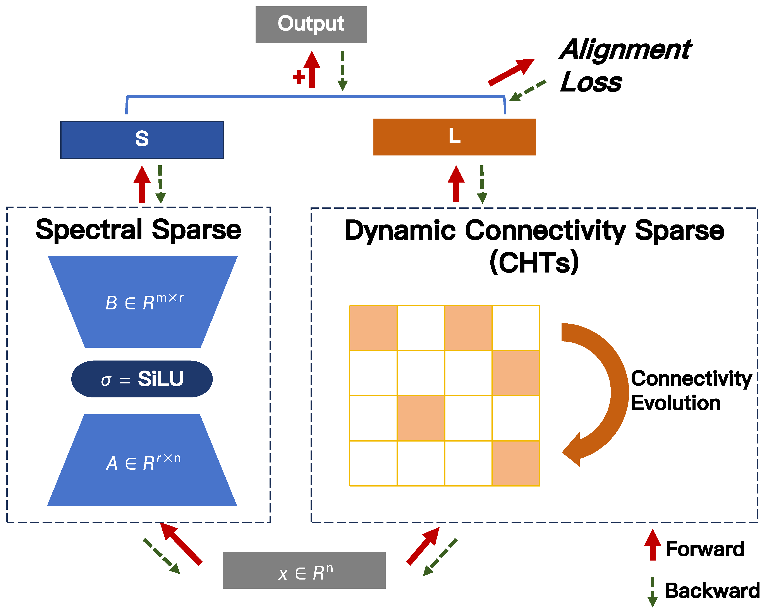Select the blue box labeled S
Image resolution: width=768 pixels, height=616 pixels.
tap(142, 140)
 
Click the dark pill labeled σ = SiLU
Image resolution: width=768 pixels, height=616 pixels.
tap(142, 379)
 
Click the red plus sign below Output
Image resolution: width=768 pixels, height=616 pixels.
tap(299, 77)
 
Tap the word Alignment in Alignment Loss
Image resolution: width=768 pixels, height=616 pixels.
tap(625, 50)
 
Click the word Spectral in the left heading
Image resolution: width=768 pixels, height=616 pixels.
tap(89, 230)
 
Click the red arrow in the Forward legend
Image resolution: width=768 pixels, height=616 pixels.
tap(652, 544)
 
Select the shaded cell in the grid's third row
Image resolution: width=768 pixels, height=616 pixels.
tap(421, 418)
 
